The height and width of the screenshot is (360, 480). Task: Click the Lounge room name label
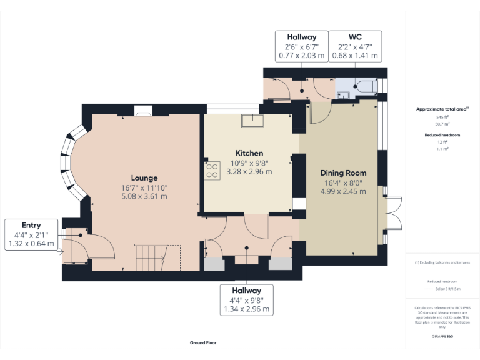pyautogui.click(x=144, y=177)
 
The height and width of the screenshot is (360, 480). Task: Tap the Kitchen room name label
pyautogui.click(x=249, y=152)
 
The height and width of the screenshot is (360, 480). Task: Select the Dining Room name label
pyautogui.click(x=343, y=172)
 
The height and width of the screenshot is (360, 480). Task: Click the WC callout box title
pyautogui.click(x=354, y=37)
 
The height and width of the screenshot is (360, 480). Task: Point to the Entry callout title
pyautogui.click(x=31, y=225)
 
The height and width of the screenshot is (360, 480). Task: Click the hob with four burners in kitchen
pyautogui.click(x=212, y=171)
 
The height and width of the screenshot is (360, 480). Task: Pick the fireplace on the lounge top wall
pyautogui.click(x=143, y=111)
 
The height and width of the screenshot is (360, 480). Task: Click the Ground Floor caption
pyautogui.click(x=203, y=342)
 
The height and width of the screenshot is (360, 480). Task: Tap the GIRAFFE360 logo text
pyautogui.click(x=442, y=336)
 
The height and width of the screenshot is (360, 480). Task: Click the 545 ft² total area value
pyautogui.click(x=442, y=117)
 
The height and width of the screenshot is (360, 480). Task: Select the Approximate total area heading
pyautogui.click(x=442, y=109)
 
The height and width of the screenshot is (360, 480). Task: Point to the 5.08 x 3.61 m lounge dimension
pyautogui.click(x=144, y=196)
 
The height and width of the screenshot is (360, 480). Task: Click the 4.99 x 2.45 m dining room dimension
pyautogui.click(x=343, y=191)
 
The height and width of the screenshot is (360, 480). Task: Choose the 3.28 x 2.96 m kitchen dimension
pyautogui.click(x=249, y=171)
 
